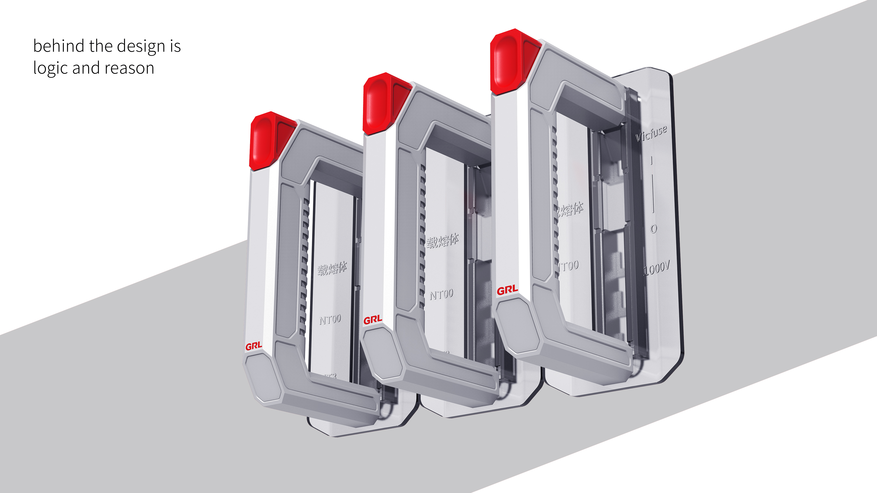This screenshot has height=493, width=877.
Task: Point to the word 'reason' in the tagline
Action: (129, 68)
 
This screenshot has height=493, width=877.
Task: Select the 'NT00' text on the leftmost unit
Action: (330, 319)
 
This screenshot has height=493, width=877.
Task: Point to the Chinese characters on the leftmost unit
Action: (332, 268)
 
